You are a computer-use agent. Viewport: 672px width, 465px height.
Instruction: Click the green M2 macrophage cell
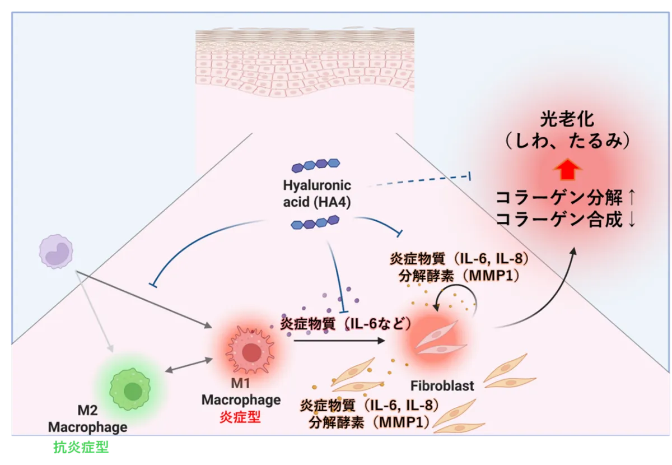130,389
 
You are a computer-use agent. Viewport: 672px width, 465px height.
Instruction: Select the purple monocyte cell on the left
56,252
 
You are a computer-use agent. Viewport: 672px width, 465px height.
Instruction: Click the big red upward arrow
568,170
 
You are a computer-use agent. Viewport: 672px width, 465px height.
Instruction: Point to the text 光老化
567,119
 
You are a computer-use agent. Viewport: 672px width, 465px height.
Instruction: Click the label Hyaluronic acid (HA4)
317,194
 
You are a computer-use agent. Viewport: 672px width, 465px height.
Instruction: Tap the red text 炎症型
240,417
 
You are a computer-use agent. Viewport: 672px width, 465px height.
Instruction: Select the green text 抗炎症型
81,447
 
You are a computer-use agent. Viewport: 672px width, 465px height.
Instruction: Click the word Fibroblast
442,386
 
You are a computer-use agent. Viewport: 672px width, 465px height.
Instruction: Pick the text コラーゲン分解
559,198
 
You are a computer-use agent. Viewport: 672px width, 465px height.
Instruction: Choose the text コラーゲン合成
559,220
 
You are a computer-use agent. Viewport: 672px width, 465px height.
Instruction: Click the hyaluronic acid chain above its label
316,165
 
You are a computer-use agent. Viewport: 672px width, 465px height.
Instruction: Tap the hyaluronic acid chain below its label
315,222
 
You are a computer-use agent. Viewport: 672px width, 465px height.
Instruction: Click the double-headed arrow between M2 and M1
189,365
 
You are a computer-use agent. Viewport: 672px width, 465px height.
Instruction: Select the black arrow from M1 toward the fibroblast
339,341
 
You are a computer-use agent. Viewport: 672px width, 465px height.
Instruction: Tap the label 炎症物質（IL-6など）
346,324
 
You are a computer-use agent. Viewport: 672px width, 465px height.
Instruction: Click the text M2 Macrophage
87,418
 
